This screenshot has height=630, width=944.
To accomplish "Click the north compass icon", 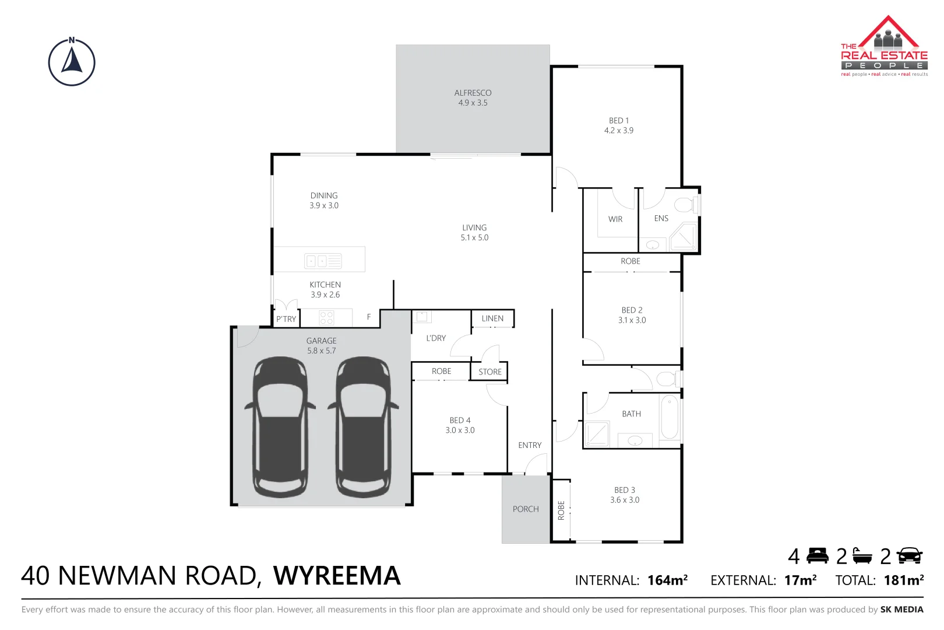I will point(72,62).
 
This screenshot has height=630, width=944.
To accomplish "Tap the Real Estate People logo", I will point(884,47).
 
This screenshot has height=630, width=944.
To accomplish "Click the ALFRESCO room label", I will point(473,93).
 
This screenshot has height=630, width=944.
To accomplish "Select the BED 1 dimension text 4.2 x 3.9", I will point(618,131).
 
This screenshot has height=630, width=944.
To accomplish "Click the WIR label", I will point(615,219).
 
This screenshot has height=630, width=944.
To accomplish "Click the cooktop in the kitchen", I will point(326,318).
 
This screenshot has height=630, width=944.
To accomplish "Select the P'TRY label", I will point(286,319).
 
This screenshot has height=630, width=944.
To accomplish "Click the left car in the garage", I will point(280,427).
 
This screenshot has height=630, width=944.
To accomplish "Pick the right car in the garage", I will point(363,427).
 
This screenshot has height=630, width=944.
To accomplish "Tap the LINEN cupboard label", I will point(492,318).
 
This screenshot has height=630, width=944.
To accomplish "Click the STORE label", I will point(490,372).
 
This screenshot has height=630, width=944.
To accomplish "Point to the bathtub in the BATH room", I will point(670,417).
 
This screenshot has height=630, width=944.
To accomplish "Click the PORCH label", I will point(526,509).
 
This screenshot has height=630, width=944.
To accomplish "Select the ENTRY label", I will point(530,445).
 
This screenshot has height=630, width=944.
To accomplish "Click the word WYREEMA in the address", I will point(337,576).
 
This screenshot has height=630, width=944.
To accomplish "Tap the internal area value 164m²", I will point(667,580).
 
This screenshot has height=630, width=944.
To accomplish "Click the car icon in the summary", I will point(910,556).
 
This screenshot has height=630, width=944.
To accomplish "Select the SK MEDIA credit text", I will point(901,610).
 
